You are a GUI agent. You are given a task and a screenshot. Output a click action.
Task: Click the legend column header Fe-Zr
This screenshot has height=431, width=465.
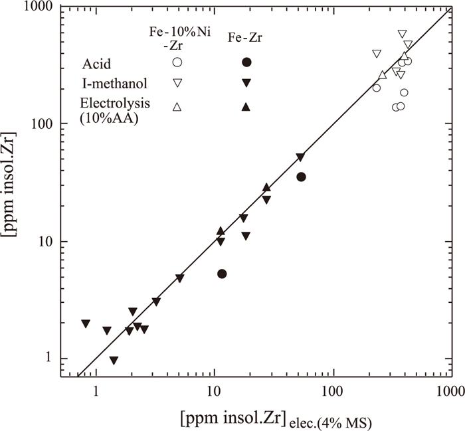[246, 37]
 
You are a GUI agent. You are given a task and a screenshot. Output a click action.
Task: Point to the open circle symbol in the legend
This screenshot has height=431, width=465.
[177, 62]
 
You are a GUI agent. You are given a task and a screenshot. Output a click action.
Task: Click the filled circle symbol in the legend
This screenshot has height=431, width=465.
[246, 62]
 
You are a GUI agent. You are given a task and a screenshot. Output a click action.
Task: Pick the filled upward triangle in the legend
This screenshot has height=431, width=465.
[246, 106]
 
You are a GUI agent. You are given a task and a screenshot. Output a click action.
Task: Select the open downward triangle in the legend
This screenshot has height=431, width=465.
[177, 83]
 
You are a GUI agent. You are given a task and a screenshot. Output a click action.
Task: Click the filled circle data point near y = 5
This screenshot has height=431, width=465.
[222, 274]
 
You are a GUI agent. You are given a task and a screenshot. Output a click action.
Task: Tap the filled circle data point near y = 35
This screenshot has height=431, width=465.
[301, 177]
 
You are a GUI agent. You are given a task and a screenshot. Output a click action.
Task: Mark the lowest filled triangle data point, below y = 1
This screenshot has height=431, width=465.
[114, 361]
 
